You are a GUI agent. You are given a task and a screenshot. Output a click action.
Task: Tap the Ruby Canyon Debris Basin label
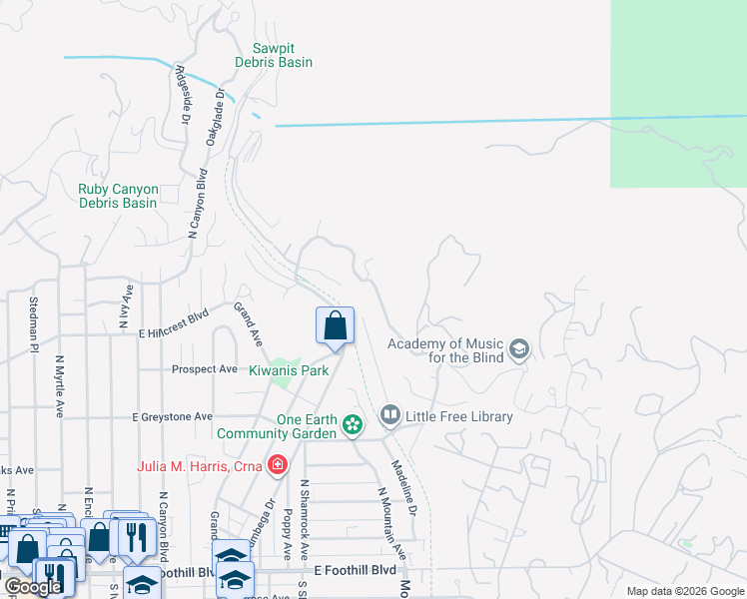click(118, 196)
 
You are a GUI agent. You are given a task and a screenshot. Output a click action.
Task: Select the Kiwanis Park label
click(289, 370)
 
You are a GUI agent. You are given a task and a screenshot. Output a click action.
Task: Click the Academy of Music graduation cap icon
click(518, 349)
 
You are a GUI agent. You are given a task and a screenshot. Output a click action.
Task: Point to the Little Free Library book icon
click(389, 414)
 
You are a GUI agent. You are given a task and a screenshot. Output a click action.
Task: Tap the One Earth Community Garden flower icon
click(353, 425)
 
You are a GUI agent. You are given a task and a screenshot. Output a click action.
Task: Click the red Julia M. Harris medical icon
click(276, 464)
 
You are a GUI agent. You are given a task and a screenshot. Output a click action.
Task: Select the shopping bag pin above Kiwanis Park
click(335, 325)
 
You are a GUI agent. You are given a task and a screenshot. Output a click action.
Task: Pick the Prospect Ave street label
click(205, 369)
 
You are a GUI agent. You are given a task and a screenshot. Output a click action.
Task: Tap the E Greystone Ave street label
click(173, 416)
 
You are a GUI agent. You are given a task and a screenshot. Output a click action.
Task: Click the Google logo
click(33, 587)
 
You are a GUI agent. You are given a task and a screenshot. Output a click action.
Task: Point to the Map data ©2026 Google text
click(684, 591)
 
